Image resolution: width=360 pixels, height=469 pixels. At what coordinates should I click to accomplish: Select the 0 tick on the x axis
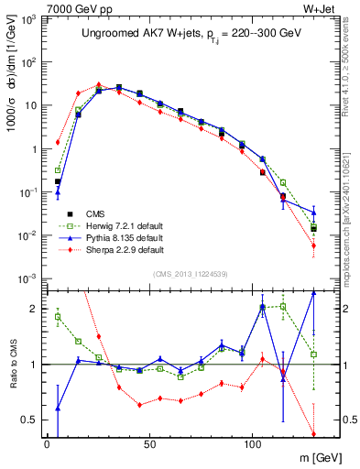pyautogui.click(x=47, y=442)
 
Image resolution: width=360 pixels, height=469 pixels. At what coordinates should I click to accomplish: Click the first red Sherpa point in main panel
pyautogui.click(x=58, y=142)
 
